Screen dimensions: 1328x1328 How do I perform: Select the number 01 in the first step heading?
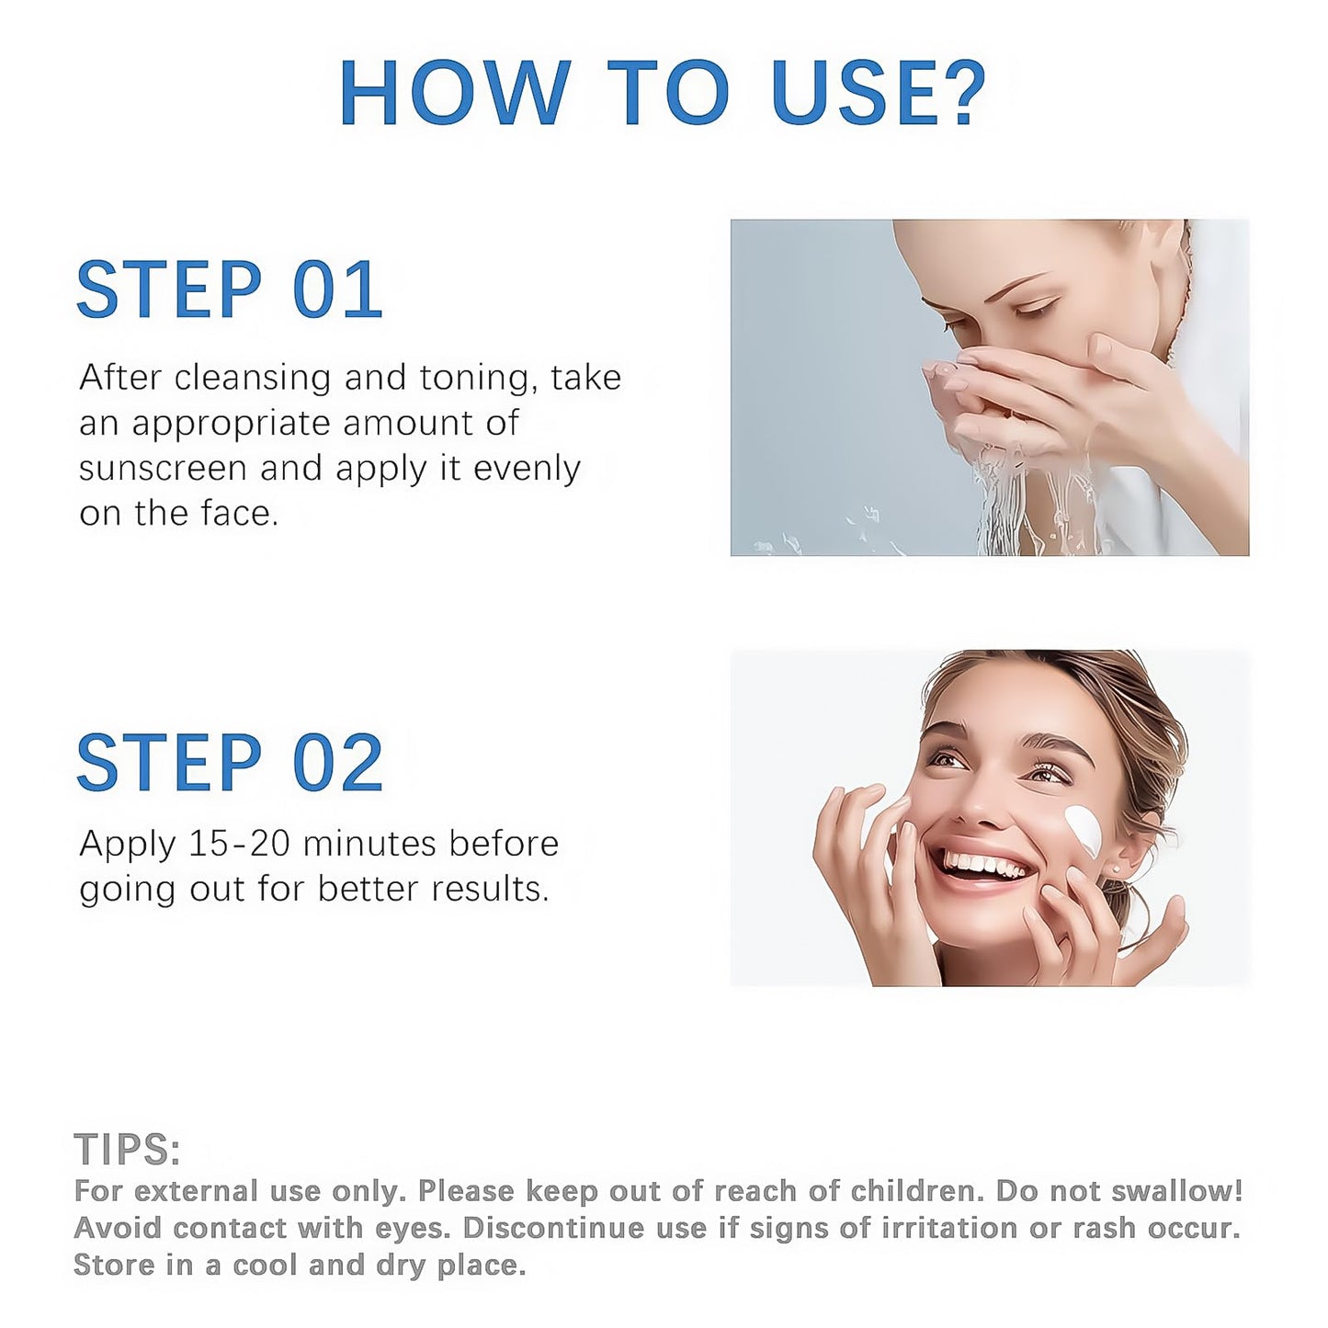click(337, 289)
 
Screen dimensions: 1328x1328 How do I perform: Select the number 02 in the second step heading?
click(337, 762)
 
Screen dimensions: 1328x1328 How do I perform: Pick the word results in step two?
click(489, 889)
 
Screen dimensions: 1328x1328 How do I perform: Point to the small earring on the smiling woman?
click(1116, 870)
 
